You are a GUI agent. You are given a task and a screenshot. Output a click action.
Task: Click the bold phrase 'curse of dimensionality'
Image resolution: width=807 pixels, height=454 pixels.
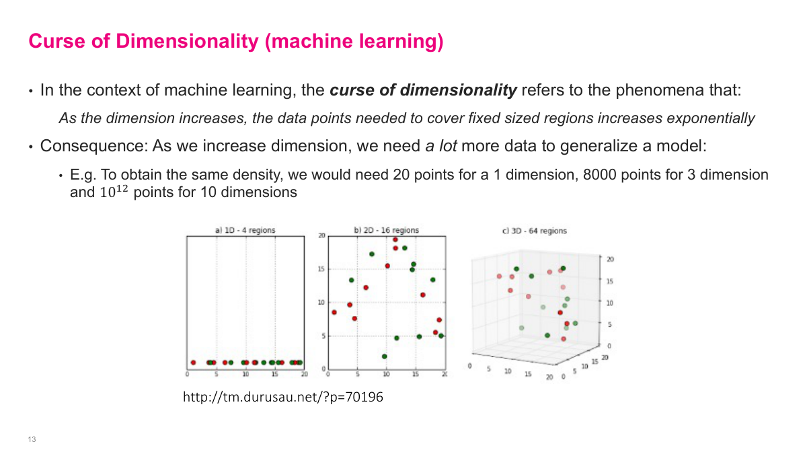tap(424, 90)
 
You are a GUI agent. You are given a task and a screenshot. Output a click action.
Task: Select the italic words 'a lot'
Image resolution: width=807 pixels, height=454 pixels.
tap(441, 146)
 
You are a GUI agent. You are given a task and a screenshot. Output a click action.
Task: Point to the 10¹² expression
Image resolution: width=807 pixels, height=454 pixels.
tap(114, 192)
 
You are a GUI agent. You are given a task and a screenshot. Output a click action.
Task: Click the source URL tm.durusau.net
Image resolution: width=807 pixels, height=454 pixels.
tap(282, 398)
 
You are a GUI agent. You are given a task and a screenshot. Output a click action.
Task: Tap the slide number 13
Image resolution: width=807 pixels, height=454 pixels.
tap(32, 439)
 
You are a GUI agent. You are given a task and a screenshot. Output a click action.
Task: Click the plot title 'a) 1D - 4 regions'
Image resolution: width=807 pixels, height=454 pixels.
tap(245, 230)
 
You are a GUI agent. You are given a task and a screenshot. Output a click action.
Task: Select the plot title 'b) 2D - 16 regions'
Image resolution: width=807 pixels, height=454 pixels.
tap(386, 230)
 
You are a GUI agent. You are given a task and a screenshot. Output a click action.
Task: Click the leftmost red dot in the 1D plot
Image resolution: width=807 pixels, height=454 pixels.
tap(193, 363)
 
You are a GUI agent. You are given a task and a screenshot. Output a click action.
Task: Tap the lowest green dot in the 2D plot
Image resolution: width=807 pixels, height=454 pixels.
tap(384, 356)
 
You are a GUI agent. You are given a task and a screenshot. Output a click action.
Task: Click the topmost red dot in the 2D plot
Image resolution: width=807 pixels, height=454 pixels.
tap(395, 239)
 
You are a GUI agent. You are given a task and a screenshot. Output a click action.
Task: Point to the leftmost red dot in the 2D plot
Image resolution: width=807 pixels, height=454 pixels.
tap(334, 312)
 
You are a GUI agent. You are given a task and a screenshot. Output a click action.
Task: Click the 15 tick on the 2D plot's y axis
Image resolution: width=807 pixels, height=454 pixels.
tap(321, 269)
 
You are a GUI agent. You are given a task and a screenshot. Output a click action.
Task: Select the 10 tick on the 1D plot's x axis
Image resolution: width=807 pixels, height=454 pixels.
tap(246, 375)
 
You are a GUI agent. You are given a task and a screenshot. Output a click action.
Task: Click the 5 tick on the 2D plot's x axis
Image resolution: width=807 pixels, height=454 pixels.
tap(357, 375)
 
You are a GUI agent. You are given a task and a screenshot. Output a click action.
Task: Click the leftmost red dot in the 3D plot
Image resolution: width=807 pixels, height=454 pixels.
tap(499, 276)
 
